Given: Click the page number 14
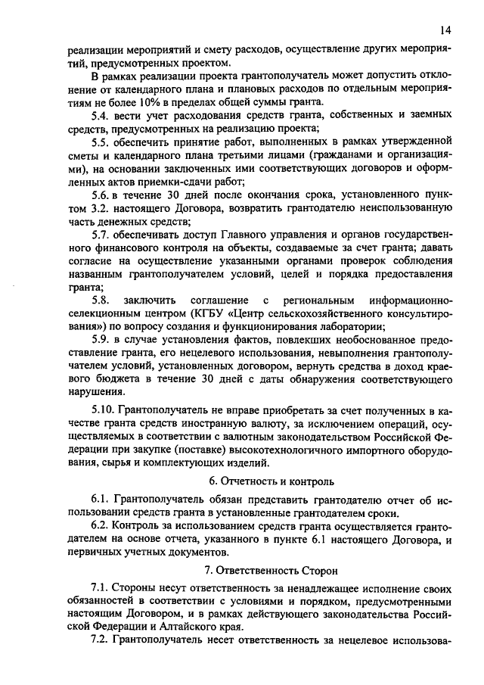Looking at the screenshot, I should click(445, 30).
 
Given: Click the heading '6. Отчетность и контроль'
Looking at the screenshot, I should click(271, 481).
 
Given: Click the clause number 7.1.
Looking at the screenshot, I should click(100, 587).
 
